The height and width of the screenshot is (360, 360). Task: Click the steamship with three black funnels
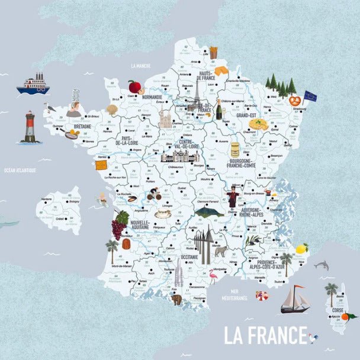[33, 85]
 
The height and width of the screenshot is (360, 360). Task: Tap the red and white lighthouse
[30, 127]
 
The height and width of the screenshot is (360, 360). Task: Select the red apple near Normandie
[134, 87]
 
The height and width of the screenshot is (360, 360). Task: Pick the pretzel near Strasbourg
[294, 101]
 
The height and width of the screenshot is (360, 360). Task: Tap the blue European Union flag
[310, 95]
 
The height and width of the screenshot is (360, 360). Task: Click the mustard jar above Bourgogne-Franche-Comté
[235, 149]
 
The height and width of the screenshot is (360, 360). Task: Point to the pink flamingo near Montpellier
[212, 276]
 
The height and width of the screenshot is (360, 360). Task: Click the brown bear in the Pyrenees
[176, 299]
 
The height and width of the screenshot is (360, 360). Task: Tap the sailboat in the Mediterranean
[295, 300]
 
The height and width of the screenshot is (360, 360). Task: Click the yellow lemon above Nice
[302, 249]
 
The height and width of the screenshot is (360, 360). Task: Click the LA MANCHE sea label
[142, 66]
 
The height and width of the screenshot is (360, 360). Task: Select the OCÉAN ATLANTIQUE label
[20, 171]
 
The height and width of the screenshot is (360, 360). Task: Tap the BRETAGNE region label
[82, 126]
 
